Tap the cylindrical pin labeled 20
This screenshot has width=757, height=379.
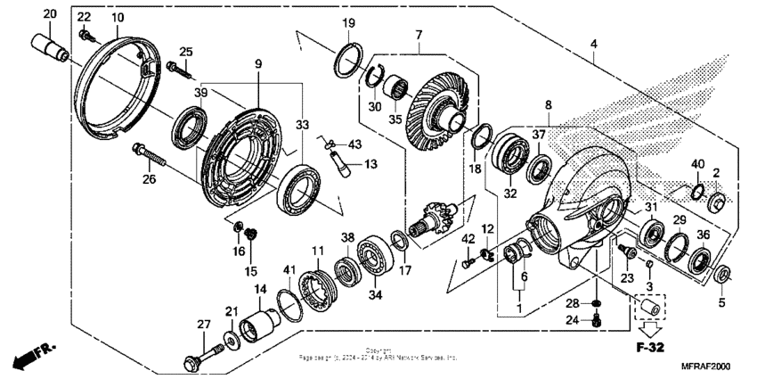(51, 46)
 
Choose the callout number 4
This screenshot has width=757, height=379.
(594, 44)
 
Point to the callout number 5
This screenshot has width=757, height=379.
(722, 302)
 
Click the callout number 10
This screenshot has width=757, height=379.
(117, 18)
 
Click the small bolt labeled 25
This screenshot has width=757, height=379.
(176, 67)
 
